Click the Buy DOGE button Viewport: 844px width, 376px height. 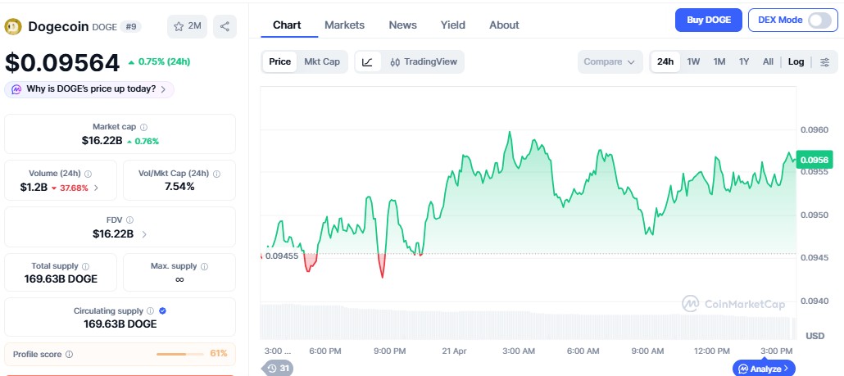[709, 20]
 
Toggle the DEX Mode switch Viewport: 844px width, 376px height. [819, 20]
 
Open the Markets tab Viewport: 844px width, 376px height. [344, 25]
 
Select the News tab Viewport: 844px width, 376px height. [402, 25]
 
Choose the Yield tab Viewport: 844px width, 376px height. [452, 25]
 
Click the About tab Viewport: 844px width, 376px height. [504, 25]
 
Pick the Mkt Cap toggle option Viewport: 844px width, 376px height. [322, 61]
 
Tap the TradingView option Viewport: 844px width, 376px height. [424, 61]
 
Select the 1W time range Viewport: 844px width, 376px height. [693, 61]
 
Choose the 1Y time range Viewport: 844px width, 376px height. [744, 61]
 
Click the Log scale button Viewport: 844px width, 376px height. [796, 61]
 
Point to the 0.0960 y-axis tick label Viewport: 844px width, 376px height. [815, 129]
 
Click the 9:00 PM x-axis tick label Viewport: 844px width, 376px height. [389, 351]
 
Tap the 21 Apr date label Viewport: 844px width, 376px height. [453, 351]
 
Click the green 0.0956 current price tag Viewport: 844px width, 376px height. [815, 160]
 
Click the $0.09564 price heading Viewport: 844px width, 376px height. [61, 62]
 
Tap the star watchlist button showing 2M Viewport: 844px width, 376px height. [187, 26]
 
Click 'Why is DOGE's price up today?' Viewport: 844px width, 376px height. [89, 88]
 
